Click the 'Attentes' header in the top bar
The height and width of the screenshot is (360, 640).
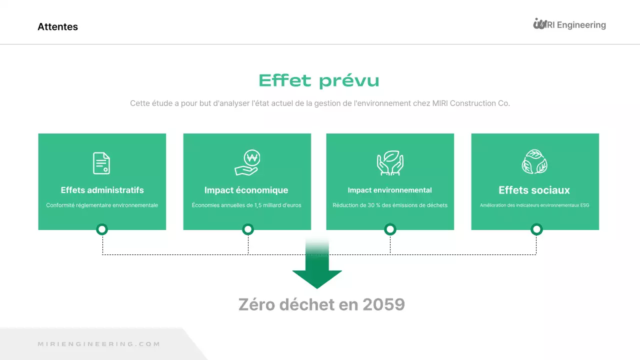click(x=57, y=27)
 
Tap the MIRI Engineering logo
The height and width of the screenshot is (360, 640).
click(x=569, y=24)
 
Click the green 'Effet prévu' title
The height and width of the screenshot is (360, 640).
click(x=319, y=81)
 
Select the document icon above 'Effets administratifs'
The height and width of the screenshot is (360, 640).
click(x=101, y=163)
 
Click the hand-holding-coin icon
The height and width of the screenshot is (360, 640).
click(x=247, y=163)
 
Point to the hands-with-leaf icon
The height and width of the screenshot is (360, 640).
click(x=390, y=163)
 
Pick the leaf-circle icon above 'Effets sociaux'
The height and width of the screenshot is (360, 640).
click(x=534, y=162)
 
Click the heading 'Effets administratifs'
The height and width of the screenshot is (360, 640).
click(x=102, y=190)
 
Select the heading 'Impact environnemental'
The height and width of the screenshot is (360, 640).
click(x=389, y=190)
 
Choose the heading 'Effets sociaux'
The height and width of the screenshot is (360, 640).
click(x=534, y=190)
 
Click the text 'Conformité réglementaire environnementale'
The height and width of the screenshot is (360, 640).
click(x=102, y=205)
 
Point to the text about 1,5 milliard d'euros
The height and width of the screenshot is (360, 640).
click(x=246, y=205)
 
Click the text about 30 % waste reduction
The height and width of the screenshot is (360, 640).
click(x=390, y=205)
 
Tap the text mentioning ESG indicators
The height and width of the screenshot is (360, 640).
click(x=534, y=205)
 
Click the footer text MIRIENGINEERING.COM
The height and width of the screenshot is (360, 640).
click(x=99, y=344)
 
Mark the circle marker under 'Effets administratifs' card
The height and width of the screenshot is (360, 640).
click(x=102, y=229)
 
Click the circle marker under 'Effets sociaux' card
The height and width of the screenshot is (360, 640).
click(x=536, y=229)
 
